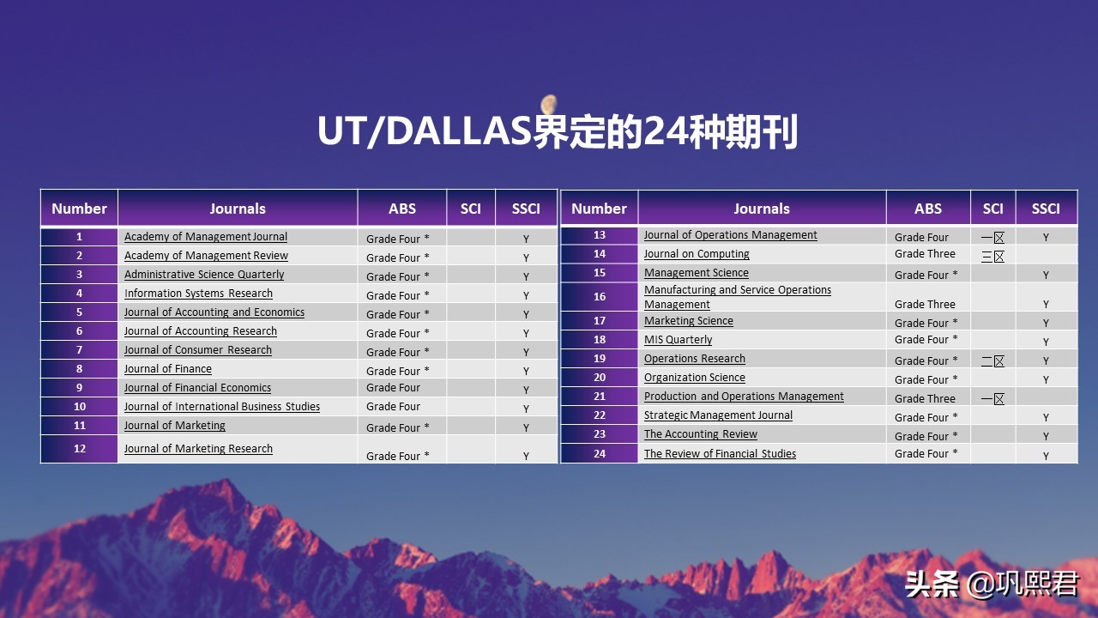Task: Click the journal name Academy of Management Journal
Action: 206,237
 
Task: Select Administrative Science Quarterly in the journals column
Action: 204,275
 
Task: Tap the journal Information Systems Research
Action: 198,294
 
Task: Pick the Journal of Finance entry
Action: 168,369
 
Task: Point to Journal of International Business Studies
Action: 222,407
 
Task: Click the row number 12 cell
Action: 80,449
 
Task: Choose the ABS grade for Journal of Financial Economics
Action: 393,388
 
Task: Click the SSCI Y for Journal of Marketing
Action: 526,427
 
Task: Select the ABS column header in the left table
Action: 402,209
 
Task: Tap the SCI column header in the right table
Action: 992,209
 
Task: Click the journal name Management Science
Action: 697,273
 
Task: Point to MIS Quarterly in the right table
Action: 678,340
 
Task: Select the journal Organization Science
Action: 695,378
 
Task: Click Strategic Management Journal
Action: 718,415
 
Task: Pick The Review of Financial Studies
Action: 720,454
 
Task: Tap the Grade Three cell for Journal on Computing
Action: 925,254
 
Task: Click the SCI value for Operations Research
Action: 992,360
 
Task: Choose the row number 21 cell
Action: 600,397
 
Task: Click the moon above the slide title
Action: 549,104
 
